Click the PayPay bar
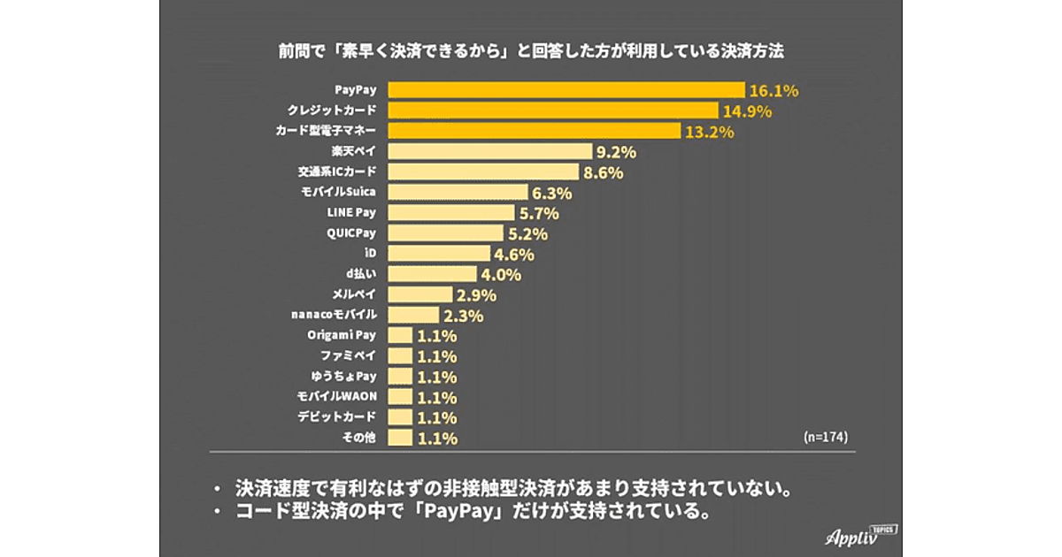point(566,90)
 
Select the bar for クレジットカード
point(553,111)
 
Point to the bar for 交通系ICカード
point(484,172)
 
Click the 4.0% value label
point(502,275)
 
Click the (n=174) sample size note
point(829,438)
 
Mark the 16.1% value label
point(773,90)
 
